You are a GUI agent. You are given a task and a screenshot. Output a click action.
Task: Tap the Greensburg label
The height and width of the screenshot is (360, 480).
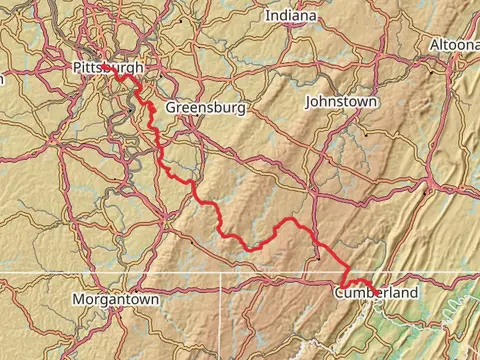coord(206,107)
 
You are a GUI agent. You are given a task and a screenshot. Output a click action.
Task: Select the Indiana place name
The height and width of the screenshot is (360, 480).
coord(291,16)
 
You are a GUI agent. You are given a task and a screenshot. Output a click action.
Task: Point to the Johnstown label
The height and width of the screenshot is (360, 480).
coord(341,102)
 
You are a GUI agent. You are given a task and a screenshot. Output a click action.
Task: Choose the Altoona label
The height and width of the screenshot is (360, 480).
coord(455,46)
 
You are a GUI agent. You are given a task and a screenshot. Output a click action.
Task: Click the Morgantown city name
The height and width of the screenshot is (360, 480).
coord(116,299)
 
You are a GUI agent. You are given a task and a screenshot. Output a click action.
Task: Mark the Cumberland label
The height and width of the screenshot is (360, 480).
coord(376,292)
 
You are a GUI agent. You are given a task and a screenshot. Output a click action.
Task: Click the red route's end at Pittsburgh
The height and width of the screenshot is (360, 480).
coord(103,65)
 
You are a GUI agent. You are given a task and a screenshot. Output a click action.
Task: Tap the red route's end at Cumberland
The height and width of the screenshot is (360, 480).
coord(368,283)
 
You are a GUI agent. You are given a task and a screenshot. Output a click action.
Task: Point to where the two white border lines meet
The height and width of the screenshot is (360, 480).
coord(220,272)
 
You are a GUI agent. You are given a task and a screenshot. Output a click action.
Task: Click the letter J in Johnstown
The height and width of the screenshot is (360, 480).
coord(308,102)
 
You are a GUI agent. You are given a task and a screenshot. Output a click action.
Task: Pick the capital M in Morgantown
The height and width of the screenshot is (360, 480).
coord(78,299)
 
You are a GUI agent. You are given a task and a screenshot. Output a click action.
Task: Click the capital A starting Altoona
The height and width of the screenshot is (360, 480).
coord(434,46)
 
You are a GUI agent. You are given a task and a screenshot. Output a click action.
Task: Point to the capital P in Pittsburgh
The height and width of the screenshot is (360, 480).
coord(77,67)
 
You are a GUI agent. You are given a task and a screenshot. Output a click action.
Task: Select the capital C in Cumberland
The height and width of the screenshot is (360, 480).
coord(339,292)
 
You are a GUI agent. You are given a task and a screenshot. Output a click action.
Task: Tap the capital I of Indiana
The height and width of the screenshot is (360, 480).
coord(267,16)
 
